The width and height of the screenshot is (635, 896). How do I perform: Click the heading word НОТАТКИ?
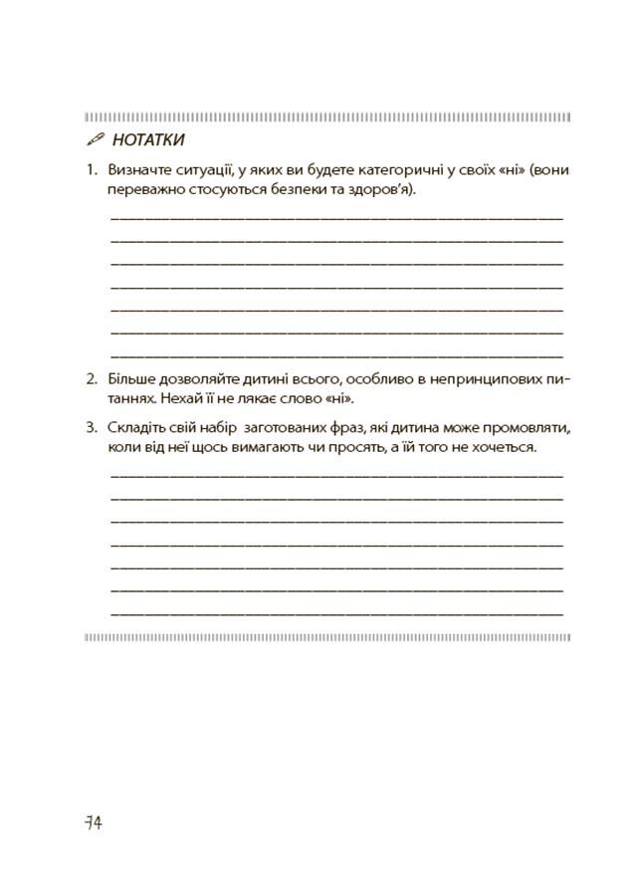click(148, 140)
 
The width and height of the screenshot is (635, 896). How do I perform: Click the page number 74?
click(94, 822)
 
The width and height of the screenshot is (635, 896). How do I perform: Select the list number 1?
click(90, 170)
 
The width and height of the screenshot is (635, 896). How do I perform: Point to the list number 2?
click(90, 379)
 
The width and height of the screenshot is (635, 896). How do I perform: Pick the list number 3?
click(90, 428)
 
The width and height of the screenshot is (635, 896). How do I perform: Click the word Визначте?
click(138, 170)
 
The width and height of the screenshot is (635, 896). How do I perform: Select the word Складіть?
click(138, 428)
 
